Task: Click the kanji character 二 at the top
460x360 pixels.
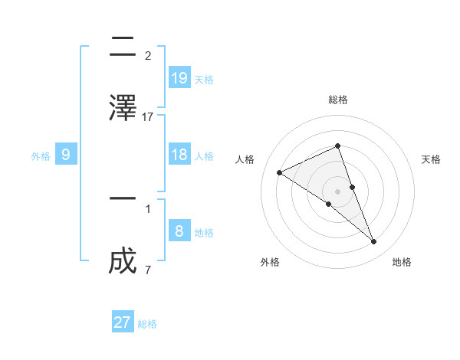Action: click(x=123, y=48)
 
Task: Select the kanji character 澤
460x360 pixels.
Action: click(x=123, y=106)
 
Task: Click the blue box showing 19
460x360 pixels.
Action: click(x=179, y=77)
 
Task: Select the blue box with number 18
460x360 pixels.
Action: click(x=179, y=155)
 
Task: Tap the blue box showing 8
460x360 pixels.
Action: click(x=179, y=231)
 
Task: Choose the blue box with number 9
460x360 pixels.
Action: click(x=66, y=155)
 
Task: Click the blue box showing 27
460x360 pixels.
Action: click(x=123, y=322)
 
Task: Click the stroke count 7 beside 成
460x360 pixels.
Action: click(x=147, y=270)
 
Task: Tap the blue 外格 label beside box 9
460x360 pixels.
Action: click(x=41, y=156)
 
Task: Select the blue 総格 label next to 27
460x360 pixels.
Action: click(x=147, y=324)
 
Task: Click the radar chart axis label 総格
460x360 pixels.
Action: click(x=337, y=100)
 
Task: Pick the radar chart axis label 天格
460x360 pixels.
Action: click(x=431, y=159)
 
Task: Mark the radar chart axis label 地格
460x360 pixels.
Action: click(x=402, y=262)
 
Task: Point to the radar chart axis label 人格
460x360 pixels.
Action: click(x=245, y=159)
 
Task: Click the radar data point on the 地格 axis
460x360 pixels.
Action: click(x=374, y=242)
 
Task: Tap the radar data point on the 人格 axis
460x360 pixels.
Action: click(x=280, y=172)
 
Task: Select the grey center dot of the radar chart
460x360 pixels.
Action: click(x=337, y=191)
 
